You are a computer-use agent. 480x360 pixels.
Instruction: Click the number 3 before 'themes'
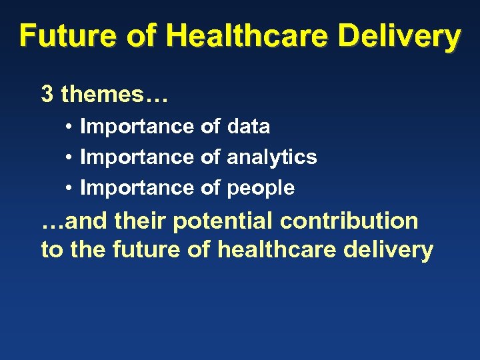click(47, 95)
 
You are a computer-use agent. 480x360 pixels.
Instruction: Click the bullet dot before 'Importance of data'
click(69, 127)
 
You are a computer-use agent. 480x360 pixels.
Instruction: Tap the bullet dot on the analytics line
click(69, 157)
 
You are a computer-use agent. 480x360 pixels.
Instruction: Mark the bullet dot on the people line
click(69, 189)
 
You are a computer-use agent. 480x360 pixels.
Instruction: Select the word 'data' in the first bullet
click(248, 126)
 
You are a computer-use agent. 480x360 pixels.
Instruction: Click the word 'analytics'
click(272, 157)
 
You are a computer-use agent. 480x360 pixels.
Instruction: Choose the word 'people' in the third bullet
click(261, 189)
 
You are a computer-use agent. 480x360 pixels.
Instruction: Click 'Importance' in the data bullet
click(137, 126)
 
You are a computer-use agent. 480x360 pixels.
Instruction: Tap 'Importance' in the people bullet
click(137, 189)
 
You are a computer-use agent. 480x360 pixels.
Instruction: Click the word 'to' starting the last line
click(51, 250)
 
